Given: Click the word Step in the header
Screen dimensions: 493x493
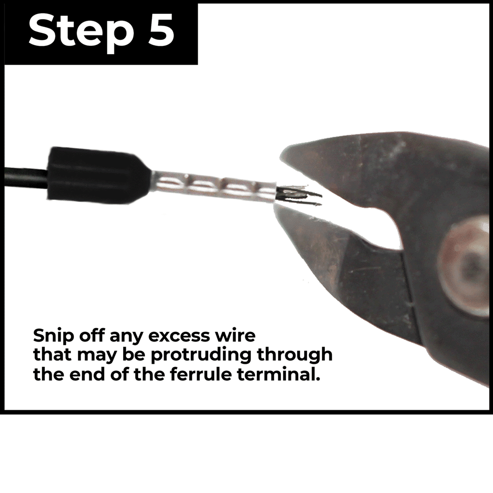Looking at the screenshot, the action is [x=80, y=33].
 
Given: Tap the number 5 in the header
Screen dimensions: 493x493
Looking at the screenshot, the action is [x=160, y=30].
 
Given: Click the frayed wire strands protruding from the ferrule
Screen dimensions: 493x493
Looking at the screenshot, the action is [x=299, y=196].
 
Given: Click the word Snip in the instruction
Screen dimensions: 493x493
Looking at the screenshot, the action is [x=53, y=336].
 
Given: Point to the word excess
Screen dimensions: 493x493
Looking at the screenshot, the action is [x=178, y=336].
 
